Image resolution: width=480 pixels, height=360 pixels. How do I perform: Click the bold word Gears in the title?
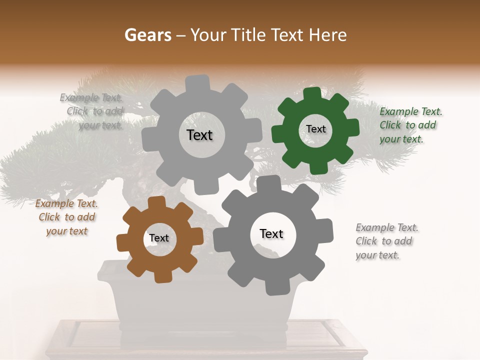click(x=148, y=35)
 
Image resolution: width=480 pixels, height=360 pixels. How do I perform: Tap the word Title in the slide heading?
click(x=252, y=35)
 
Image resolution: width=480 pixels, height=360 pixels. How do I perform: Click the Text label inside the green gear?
click(x=315, y=129)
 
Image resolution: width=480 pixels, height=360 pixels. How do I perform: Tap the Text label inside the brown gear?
click(x=159, y=238)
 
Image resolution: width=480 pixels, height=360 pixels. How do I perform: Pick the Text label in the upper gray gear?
click(x=199, y=135)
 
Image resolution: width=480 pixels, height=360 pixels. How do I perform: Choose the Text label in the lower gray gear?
click(x=271, y=233)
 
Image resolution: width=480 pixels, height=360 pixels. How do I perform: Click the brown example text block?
click(x=66, y=217)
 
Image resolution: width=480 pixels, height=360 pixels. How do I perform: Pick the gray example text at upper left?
click(x=92, y=111)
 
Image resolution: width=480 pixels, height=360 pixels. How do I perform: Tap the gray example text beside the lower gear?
click(x=385, y=241)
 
